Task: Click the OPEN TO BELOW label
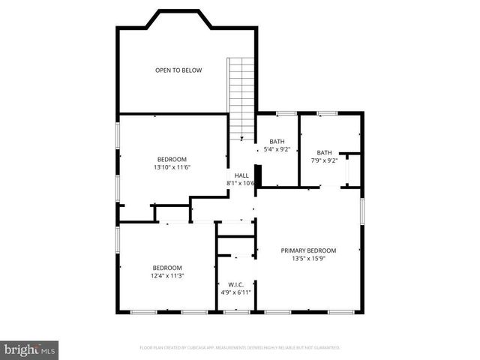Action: tap(178, 70)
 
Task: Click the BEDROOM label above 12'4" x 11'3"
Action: tap(167, 268)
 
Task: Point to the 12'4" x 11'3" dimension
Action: tap(167, 276)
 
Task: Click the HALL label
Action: tap(241, 175)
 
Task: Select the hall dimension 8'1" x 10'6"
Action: tap(241, 183)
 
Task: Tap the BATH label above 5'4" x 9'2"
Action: tap(277, 142)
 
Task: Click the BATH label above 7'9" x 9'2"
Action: tap(323, 152)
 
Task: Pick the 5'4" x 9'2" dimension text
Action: tap(277, 149)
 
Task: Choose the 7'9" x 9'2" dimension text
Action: tap(323, 160)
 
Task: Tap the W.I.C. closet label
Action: tap(235, 284)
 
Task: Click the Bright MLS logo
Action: tap(30, 349)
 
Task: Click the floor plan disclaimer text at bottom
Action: tap(240, 348)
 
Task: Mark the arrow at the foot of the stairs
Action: tap(241, 138)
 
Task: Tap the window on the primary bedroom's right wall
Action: tap(362, 211)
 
